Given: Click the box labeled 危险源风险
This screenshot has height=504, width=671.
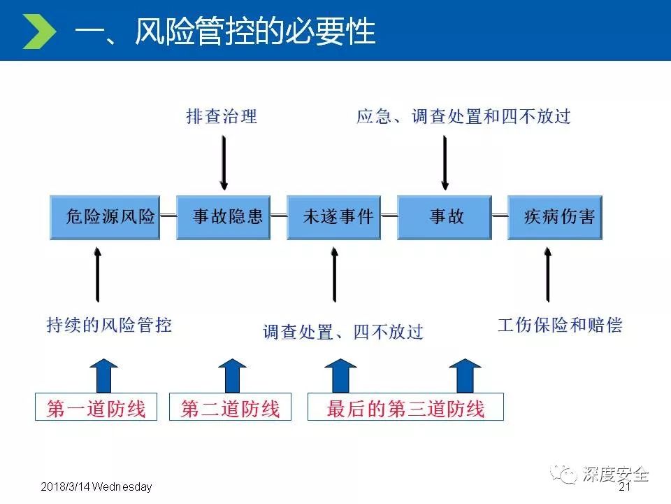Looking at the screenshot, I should [105, 217].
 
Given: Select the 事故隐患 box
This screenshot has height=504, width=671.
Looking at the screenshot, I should [223, 217].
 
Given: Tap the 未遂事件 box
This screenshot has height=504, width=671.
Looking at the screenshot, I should [338, 217].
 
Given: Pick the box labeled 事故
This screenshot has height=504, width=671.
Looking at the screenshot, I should [446, 217].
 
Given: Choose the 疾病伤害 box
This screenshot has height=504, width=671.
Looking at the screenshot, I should [554, 217].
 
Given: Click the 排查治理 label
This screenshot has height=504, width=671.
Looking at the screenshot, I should [222, 116].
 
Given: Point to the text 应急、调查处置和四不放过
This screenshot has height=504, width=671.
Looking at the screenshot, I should [463, 116].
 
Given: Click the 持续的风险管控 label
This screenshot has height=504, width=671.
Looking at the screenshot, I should [109, 325].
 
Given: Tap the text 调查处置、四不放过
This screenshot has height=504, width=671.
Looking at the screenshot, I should [343, 332].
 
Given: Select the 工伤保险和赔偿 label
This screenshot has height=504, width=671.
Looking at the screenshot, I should [559, 325].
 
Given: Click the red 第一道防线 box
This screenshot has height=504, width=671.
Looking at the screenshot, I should [96, 407].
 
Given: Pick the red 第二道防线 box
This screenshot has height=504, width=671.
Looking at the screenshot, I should [230, 407].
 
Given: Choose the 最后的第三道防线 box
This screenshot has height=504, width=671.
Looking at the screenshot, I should [405, 407].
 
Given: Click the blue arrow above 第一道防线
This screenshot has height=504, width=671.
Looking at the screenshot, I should [103, 375].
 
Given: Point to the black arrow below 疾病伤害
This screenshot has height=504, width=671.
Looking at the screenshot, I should [547, 276].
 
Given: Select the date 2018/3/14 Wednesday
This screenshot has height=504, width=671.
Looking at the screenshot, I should [96, 487].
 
